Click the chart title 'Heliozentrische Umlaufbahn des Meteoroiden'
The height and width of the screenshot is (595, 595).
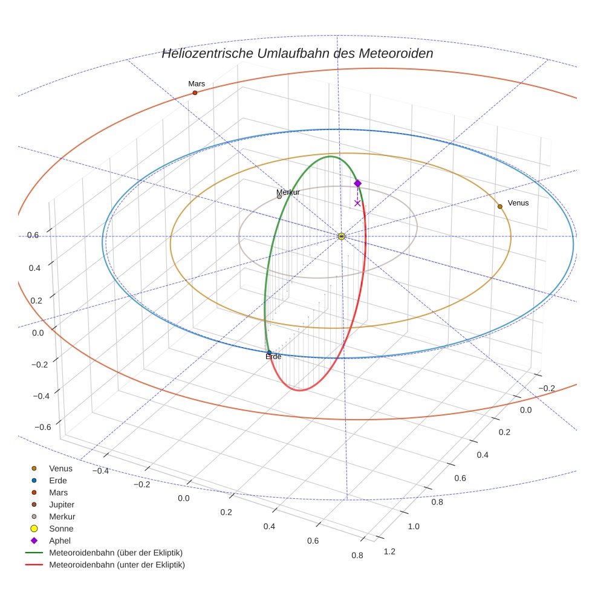297,53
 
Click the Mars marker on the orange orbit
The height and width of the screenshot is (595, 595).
195,93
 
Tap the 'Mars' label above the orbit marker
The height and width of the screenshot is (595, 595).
197,84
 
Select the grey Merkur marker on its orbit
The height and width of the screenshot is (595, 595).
279,197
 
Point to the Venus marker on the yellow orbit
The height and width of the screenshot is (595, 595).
499,207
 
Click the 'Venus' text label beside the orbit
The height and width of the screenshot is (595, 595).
518,203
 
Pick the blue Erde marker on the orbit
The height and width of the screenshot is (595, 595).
269,353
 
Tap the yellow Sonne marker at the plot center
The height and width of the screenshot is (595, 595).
342,236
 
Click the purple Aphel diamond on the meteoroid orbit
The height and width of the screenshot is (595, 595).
357,183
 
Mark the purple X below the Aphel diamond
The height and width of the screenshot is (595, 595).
357,203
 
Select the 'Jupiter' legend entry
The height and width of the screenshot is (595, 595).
62,504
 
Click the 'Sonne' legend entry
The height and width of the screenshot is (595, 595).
61,528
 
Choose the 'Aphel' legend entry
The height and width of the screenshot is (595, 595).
60,541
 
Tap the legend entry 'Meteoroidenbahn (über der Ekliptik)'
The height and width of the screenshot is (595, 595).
115,553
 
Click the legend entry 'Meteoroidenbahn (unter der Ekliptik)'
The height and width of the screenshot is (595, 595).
117,565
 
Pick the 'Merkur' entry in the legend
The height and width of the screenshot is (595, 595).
62,516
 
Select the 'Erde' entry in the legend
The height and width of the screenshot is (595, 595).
58,480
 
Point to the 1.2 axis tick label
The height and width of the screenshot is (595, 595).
389,551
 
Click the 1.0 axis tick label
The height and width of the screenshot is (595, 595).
414,527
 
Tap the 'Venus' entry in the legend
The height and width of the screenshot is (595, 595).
60,468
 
